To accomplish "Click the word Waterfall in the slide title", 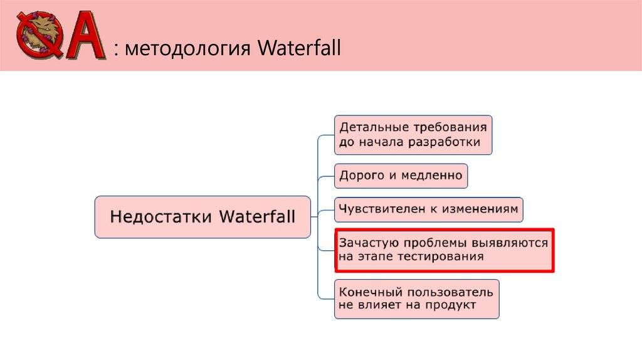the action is tap(298, 48).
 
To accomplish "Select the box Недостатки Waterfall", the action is tap(203, 217).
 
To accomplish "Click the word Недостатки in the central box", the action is tap(162, 217).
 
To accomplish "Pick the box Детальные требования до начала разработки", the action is tap(413, 135).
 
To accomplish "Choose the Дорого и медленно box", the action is tap(401, 176).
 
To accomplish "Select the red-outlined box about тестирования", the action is tap(444, 250).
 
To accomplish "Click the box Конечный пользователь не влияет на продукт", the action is tap(416, 299).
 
